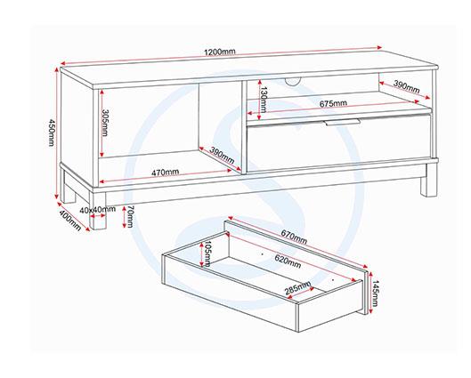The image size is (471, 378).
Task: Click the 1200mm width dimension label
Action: pos(220,52)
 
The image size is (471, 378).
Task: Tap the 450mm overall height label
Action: pos(52,133)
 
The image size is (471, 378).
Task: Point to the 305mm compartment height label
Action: pos(104,123)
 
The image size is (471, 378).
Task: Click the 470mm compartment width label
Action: pos(165,173)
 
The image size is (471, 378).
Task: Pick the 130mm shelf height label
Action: pos(264,100)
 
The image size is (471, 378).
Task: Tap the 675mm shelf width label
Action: pos(333,104)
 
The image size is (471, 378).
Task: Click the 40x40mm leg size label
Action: pos(98,210)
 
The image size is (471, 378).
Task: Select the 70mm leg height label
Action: pos(131,217)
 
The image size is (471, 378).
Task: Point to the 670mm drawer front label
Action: pos(294,237)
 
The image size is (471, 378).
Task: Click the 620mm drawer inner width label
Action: pos(288,261)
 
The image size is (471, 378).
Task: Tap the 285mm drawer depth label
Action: pos(297,287)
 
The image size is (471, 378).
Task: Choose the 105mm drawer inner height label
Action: pos(207,253)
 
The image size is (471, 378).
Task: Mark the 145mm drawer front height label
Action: pos(376,293)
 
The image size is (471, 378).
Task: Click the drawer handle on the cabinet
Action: pos(342,122)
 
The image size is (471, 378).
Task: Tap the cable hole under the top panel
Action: pos(292,81)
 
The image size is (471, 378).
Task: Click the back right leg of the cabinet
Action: pos(428,187)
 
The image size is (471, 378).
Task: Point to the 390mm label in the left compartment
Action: pos(222,155)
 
